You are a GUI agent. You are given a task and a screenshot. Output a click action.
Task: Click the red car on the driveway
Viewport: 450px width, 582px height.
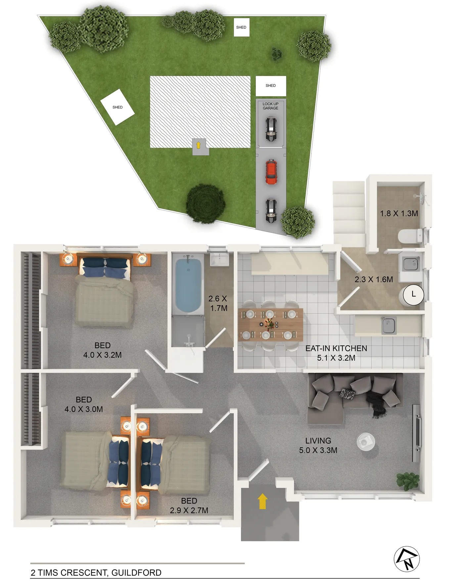click(x=271, y=172)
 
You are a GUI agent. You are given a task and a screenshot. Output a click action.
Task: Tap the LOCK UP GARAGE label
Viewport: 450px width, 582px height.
click(x=270, y=106)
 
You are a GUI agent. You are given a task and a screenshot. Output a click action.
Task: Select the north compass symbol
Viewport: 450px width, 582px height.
click(x=407, y=559)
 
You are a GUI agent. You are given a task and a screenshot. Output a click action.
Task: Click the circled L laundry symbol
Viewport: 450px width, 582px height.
click(x=413, y=294)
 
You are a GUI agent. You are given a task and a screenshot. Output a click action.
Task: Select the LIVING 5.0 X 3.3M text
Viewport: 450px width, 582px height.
click(x=318, y=445)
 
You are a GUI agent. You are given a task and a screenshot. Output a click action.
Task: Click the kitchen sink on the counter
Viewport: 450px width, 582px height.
click(x=388, y=325)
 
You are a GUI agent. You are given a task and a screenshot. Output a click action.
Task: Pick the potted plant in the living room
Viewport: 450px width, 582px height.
click(x=408, y=480)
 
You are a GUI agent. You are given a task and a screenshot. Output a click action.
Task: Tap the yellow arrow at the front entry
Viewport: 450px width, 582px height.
click(x=262, y=501)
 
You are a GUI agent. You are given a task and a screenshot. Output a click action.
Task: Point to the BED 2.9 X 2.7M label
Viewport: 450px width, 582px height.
click(x=189, y=506)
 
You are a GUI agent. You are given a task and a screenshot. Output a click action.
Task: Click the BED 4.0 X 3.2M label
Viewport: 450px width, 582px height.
click(x=102, y=350)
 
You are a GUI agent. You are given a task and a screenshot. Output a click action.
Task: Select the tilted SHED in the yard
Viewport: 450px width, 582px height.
click(x=117, y=107)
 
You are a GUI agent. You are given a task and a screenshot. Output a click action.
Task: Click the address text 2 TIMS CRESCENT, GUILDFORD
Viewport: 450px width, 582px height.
click(x=96, y=572)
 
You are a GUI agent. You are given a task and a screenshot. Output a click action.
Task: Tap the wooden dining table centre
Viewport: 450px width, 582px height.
click(x=270, y=324)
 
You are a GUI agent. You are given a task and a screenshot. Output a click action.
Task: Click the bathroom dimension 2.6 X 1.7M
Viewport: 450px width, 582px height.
click(x=218, y=303)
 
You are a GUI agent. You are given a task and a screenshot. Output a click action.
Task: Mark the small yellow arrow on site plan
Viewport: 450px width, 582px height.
click(x=198, y=145)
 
